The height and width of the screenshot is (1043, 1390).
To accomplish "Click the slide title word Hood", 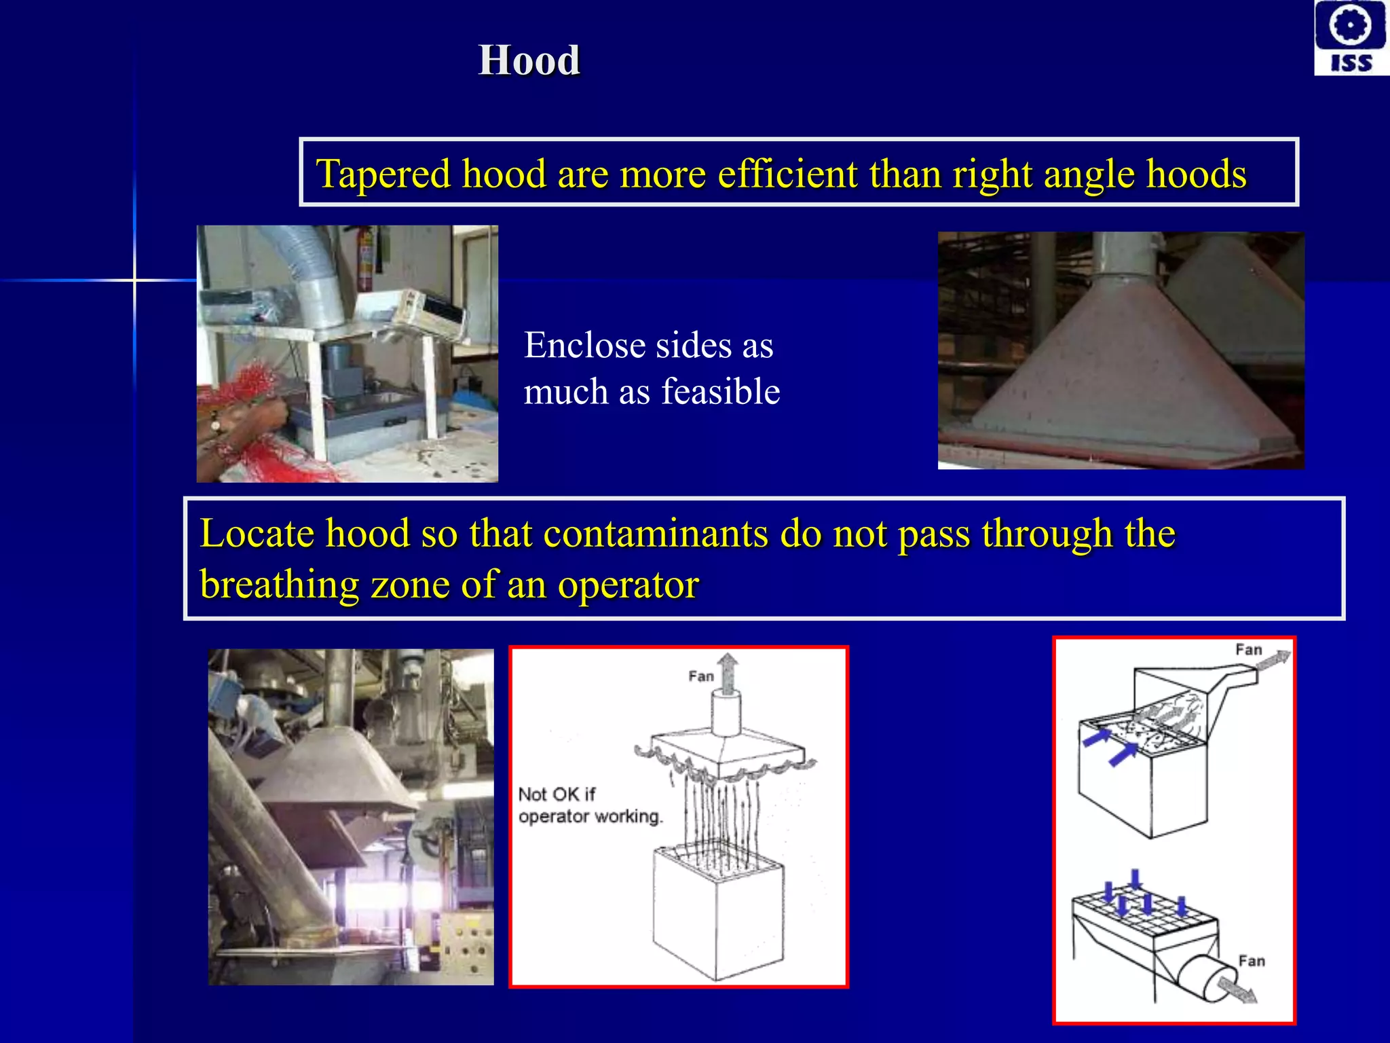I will point(529,60).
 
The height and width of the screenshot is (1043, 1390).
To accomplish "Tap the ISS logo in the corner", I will point(1351,37).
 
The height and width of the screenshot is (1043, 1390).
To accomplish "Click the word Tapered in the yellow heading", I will point(383,174).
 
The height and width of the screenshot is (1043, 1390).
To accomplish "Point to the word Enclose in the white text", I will point(584,346).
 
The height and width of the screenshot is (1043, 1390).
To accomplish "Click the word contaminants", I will point(656,533).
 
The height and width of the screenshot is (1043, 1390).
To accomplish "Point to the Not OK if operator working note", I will point(589,805).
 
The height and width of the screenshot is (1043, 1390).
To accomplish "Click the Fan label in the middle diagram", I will point(700,676).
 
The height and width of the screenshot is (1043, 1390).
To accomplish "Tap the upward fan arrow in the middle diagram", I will point(728,672).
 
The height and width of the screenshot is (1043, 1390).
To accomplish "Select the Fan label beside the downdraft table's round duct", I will point(1252,961).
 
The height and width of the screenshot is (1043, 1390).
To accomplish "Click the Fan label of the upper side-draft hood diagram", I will point(1248,650).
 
